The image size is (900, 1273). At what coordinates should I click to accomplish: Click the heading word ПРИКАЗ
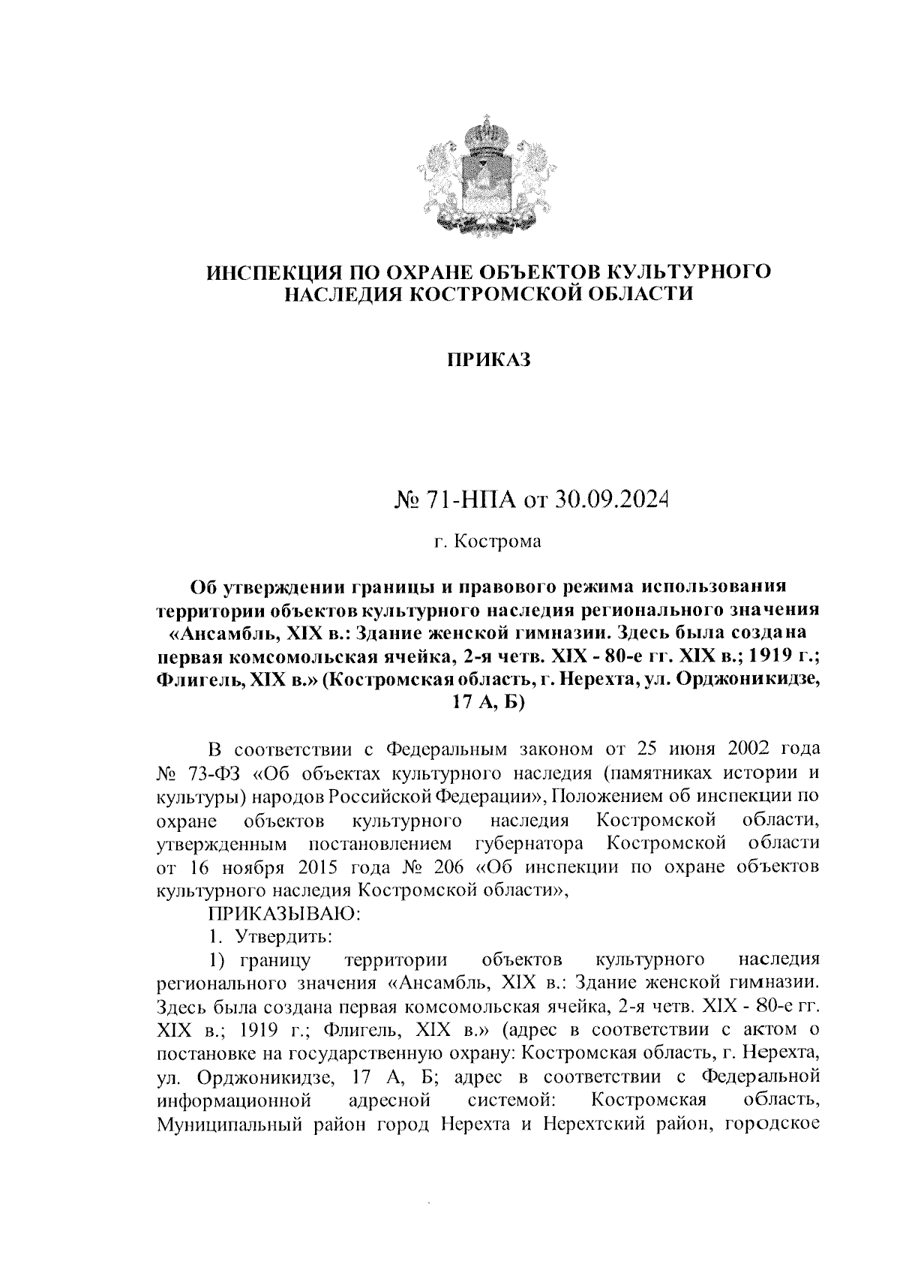coord(488,360)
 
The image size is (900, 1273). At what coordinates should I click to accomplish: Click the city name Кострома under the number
coord(499,541)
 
